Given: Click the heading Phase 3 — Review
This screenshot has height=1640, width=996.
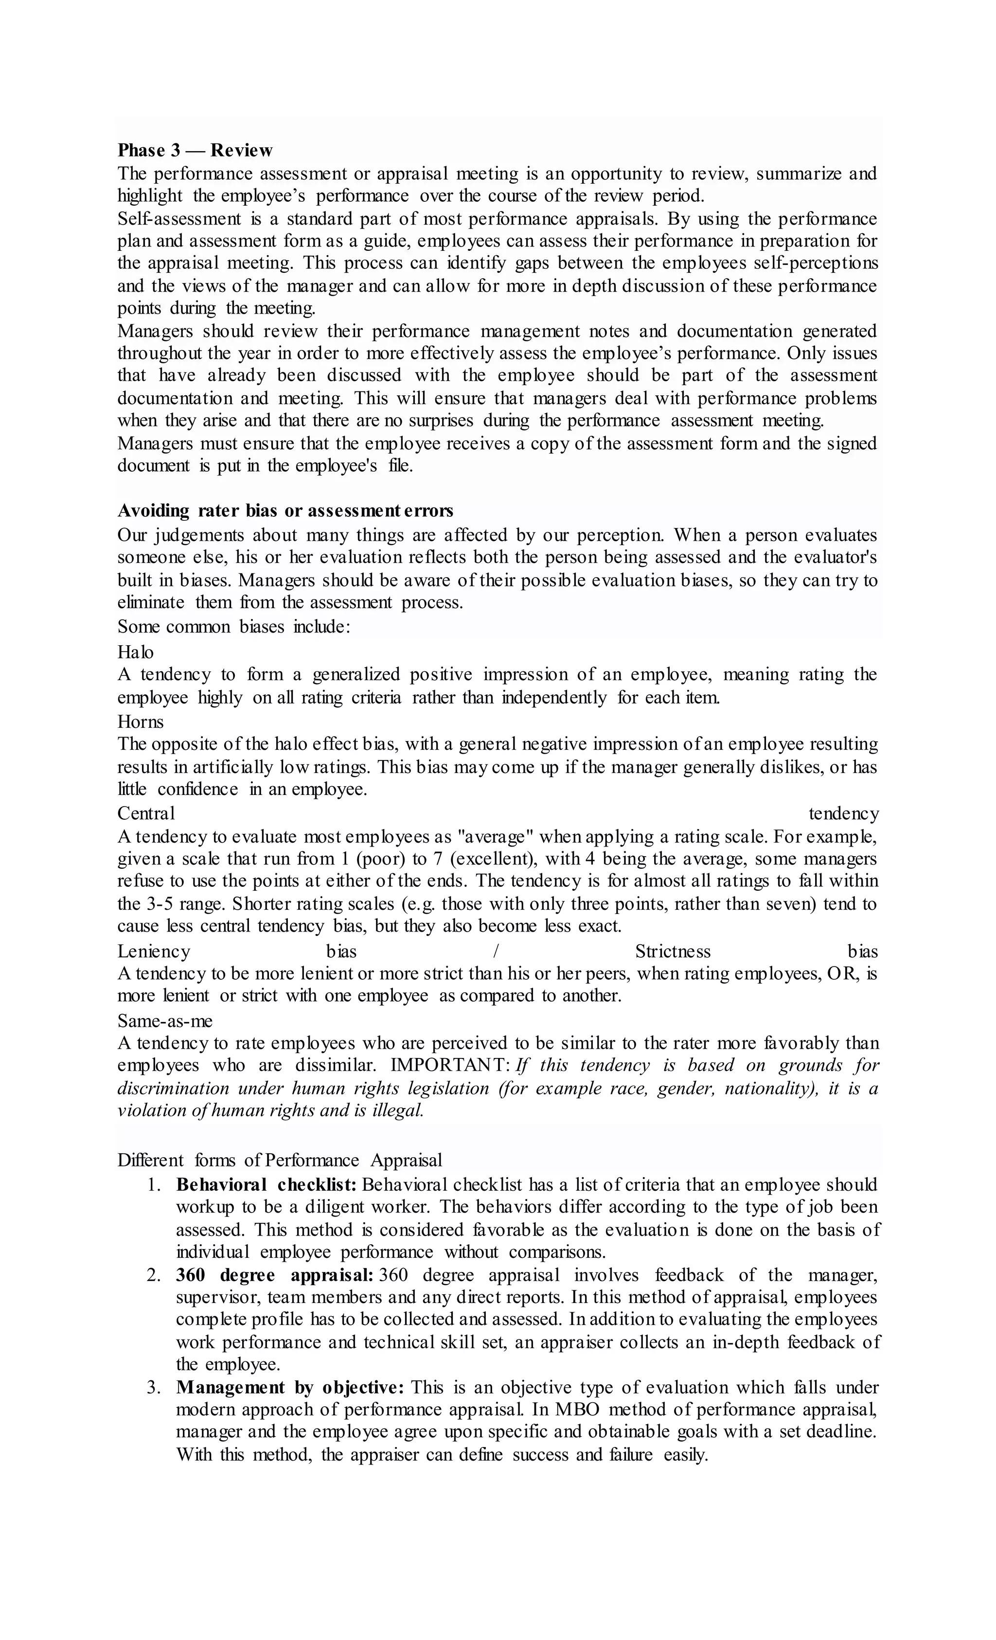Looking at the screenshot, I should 195,150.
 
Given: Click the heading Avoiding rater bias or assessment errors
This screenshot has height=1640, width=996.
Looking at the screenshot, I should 285,511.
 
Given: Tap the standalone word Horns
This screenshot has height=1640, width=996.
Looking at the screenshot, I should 141,722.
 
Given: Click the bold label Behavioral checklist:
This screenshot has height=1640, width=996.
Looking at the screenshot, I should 267,1185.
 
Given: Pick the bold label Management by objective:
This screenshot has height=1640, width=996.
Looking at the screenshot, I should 290,1388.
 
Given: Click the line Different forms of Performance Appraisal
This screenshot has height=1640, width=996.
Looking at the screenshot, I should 280,1160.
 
